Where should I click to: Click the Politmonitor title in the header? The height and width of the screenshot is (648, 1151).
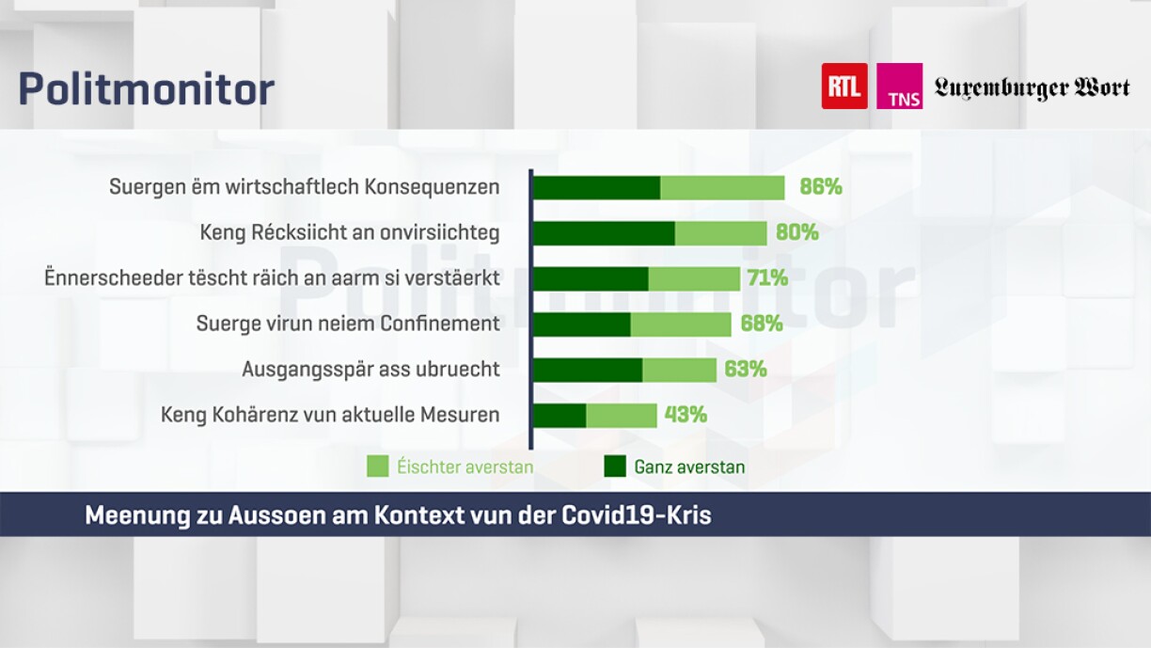146,89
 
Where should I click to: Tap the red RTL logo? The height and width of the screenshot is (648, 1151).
844,87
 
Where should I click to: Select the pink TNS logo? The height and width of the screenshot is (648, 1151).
899,87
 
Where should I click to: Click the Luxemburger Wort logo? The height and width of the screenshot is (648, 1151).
1032,88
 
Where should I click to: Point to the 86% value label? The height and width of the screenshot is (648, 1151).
820,187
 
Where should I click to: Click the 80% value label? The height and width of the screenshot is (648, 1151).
796,232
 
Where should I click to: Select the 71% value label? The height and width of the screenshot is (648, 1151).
765,278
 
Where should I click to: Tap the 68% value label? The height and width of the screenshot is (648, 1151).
761,324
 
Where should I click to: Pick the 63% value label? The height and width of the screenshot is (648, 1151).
745,370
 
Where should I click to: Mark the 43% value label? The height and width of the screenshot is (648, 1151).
686,415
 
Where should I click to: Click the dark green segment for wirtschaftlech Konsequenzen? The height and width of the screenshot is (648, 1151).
596,187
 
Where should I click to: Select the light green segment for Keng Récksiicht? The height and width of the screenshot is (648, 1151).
720,232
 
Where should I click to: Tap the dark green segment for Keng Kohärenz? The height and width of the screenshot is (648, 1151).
560,415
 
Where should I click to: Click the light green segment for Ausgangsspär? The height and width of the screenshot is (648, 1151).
679,370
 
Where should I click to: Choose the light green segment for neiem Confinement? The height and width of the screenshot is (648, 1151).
680,324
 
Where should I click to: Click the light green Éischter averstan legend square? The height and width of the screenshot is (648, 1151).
378,466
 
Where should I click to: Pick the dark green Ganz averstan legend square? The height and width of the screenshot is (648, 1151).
615,466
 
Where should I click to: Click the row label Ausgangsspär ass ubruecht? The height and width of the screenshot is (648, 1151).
371,370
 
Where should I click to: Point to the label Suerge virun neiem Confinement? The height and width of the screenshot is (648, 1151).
347,324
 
